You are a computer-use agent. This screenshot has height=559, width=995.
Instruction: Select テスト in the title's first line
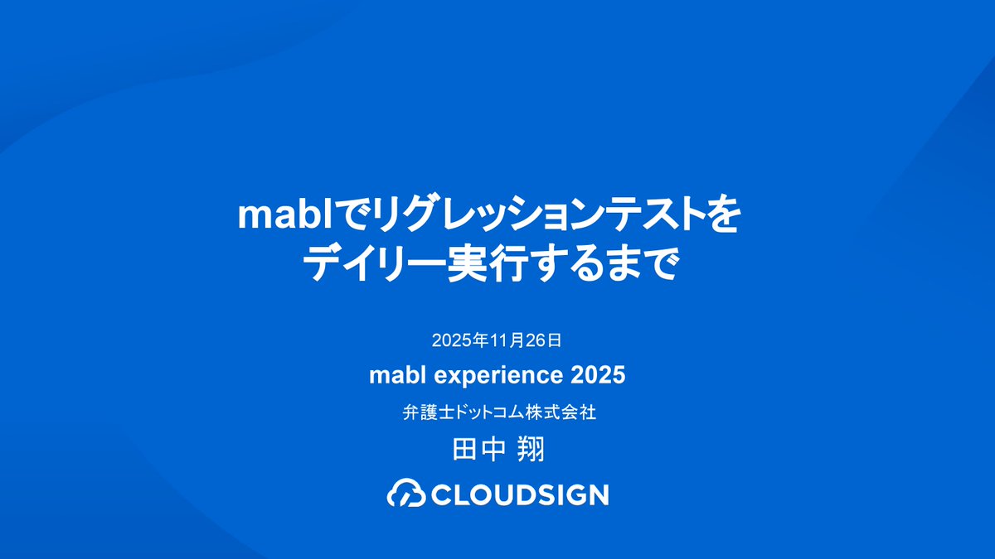653,216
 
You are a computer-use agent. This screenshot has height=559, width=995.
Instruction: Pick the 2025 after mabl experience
598,376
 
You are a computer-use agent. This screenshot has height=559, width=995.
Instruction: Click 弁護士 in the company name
423,412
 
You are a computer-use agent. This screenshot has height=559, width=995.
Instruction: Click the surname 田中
473,451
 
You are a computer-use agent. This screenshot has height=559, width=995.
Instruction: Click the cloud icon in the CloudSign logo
406,494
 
